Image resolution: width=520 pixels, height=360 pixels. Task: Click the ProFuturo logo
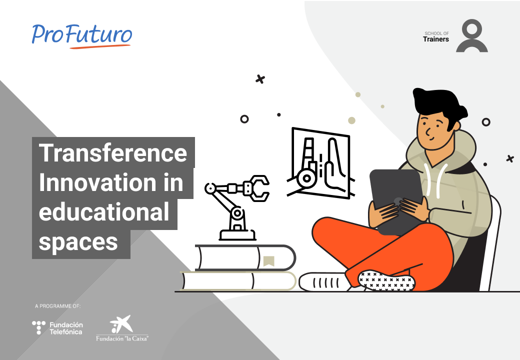pos(82,36)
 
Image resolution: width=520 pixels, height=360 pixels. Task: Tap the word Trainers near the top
pos(436,39)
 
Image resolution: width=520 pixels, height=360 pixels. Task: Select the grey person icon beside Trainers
pos(471,36)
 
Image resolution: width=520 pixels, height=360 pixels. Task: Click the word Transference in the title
pos(113,152)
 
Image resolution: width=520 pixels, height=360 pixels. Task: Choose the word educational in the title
pos(104,212)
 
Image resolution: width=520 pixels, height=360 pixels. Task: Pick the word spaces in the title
pos(78,242)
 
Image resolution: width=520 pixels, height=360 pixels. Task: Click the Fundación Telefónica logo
pos(57,328)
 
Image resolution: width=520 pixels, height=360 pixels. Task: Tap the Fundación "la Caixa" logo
pos(122,328)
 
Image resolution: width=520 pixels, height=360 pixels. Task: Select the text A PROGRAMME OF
pos(57,306)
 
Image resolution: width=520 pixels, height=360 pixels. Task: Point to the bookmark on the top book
pos(268,261)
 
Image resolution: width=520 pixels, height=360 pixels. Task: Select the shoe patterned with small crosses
pos(386,281)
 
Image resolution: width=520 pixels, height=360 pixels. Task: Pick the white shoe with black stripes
pos(324,282)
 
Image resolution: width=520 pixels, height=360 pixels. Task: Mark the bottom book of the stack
pos(238,281)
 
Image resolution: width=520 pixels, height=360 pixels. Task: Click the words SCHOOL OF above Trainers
pos(437,33)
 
